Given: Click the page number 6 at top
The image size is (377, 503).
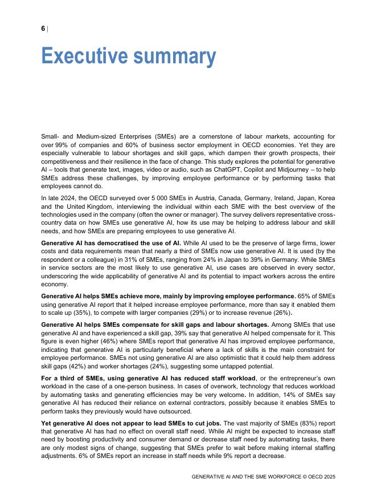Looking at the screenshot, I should (x=43, y=29).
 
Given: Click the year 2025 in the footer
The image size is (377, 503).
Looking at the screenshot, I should (x=329, y=477).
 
